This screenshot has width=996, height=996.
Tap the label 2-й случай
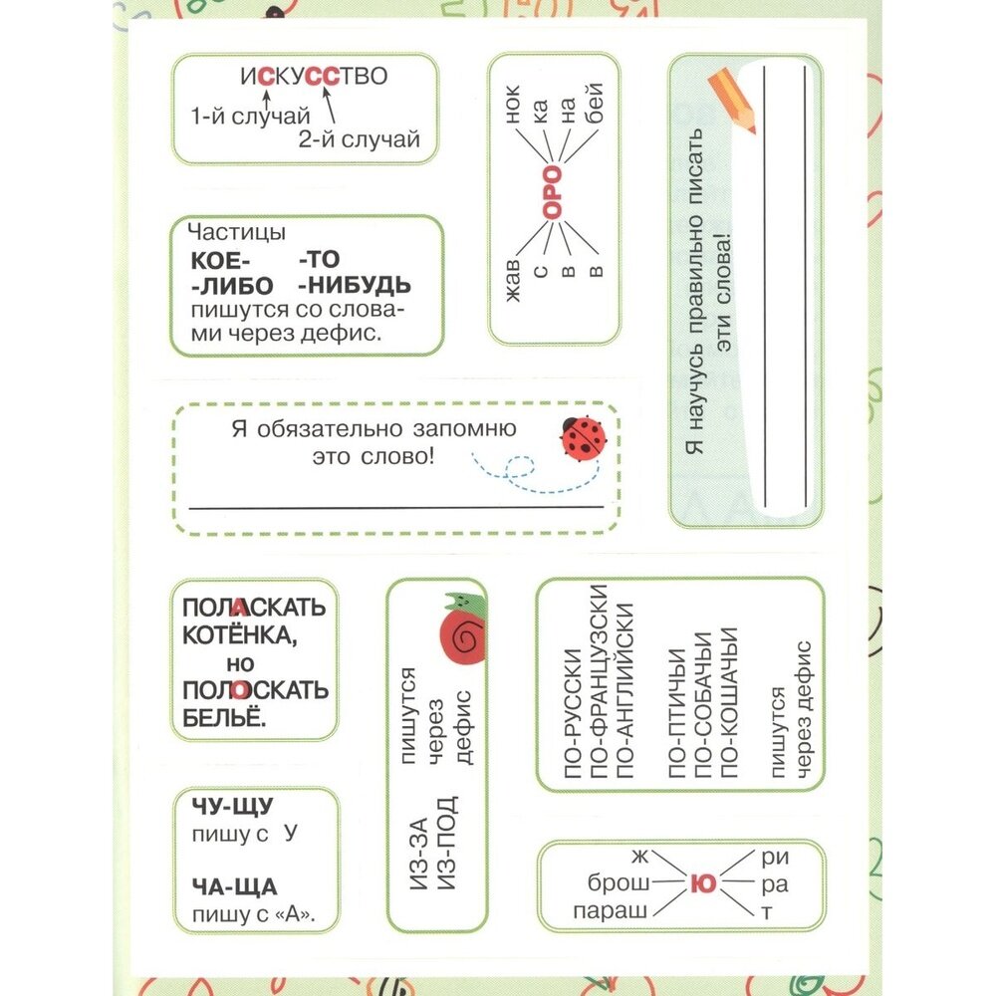pyautogui.click(x=358, y=139)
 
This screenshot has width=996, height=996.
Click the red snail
pyautogui.click(x=462, y=627)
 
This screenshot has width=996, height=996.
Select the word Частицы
pyautogui.click(x=236, y=233)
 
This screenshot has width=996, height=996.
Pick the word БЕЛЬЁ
pyautogui.click(x=225, y=718)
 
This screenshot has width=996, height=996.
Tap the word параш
pyautogui.click(x=611, y=908)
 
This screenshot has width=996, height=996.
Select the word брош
pyautogui.click(x=619, y=882)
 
